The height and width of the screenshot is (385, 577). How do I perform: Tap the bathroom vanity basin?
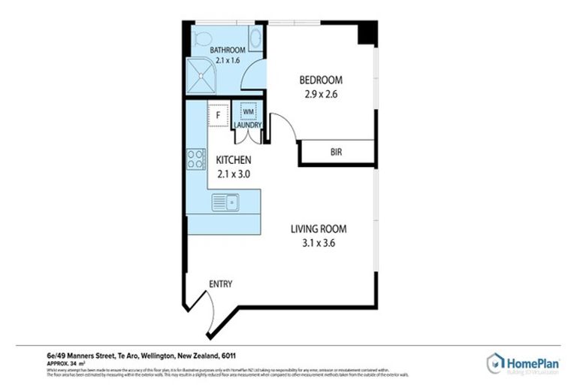254,38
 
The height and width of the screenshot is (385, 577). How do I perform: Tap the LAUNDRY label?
247,126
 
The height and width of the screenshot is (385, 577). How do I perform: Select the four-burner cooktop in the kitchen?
197,159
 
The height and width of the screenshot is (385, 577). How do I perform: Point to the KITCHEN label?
233,160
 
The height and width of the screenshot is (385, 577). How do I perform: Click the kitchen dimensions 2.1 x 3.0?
233,174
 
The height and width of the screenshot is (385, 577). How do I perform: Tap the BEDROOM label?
321,80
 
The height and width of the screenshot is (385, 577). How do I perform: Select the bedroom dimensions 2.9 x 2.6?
321,95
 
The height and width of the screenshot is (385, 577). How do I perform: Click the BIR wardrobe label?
337,152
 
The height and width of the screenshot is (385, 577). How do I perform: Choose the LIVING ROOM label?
319,229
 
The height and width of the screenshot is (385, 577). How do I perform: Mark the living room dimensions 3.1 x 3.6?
319,244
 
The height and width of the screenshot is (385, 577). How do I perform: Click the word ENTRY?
221,284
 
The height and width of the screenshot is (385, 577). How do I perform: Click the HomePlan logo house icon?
495,362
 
